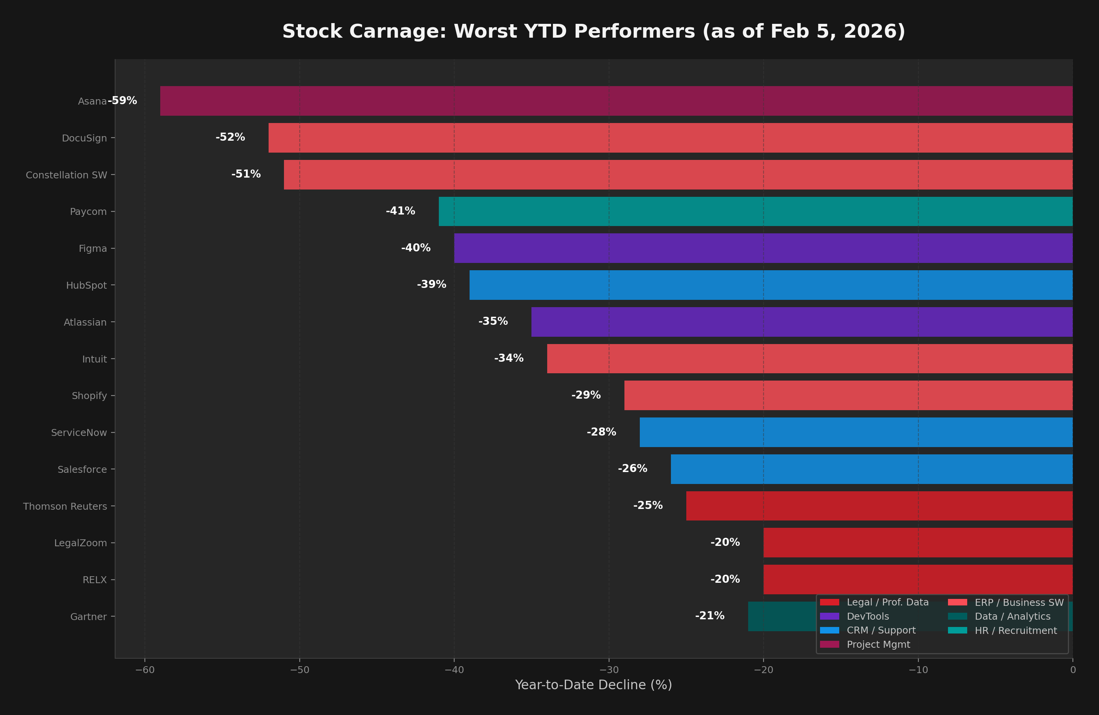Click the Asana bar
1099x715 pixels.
tap(616, 101)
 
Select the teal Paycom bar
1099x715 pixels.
tap(755, 211)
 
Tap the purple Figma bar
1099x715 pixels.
tap(763, 248)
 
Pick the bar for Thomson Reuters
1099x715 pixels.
tap(879, 506)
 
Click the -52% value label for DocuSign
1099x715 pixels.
tap(230, 137)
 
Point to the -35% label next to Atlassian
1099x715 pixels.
tap(493, 321)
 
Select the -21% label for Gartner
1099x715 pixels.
tap(709, 616)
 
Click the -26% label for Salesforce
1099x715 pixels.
tap(632, 468)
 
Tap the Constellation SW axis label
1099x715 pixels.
tap(66, 175)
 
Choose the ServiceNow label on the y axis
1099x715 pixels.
tap(78, 433)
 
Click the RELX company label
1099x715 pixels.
tap(94, 580)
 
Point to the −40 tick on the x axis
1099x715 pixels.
tap(454, 670)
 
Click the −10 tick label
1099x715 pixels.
tap(918, 670)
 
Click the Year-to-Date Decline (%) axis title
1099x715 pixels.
tap(593, 685)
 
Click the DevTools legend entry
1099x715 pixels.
tap(867, 616)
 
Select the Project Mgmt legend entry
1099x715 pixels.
tap(878, 644)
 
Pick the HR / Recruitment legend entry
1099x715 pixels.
tap(1015, 630)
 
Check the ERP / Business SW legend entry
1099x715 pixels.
tap(1019, 602)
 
